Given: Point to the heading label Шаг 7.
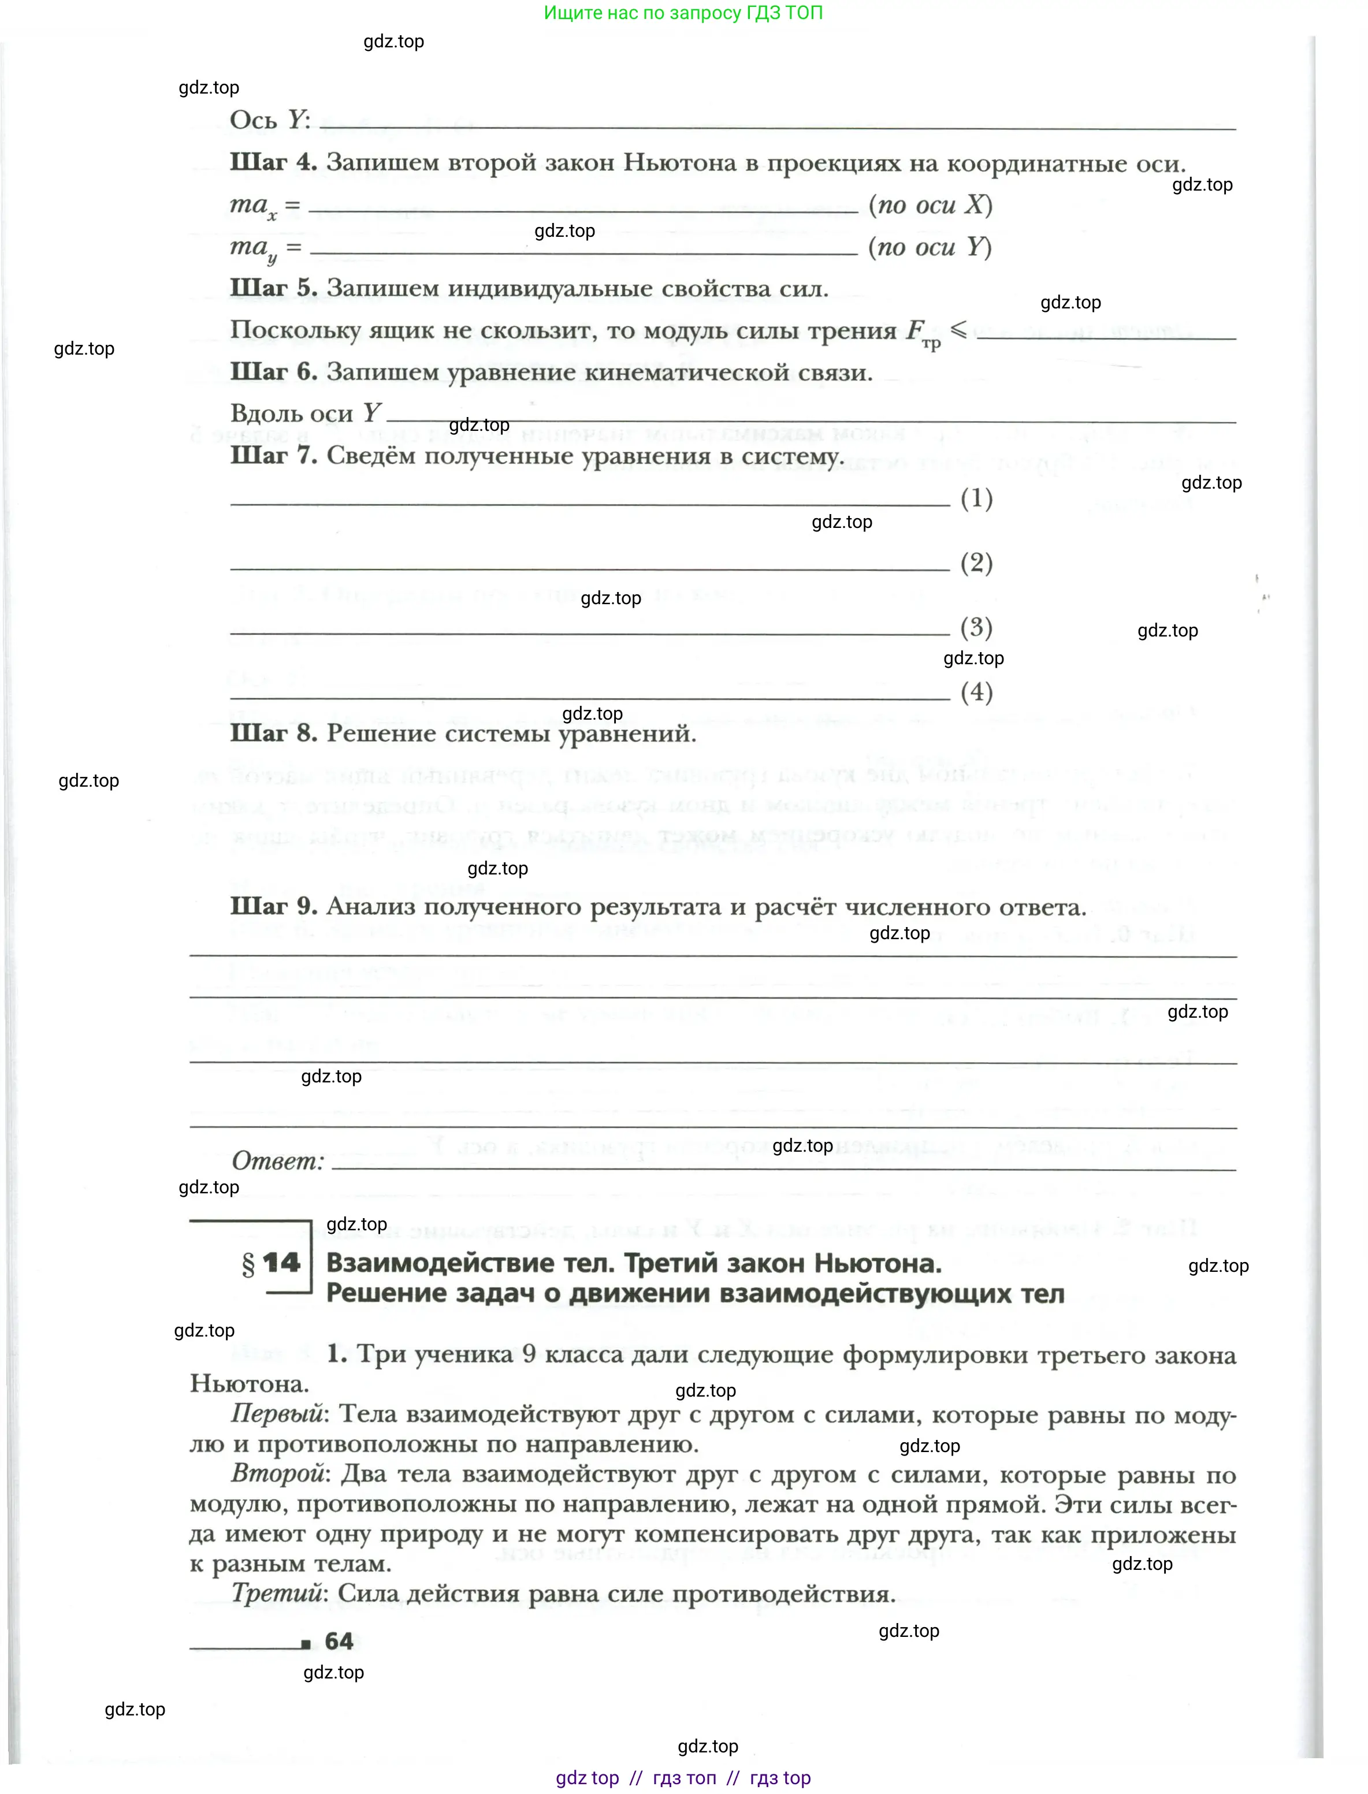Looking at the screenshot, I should [273, 455].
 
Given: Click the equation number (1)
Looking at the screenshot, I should [976, 497].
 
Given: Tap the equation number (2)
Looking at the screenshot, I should [976, 563].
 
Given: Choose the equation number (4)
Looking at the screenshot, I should [976, 692].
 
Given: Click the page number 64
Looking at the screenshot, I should [339, 1641].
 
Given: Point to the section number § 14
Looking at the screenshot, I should [271, 1263].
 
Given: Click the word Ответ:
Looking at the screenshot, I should [278, 1161].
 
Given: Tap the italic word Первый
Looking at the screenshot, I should [277, 1414].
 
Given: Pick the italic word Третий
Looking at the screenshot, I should [277, 1593].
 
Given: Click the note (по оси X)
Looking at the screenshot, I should [930, 204].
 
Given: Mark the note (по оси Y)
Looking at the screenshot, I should [930, 247].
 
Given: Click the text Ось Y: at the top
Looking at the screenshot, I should [270, 121].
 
